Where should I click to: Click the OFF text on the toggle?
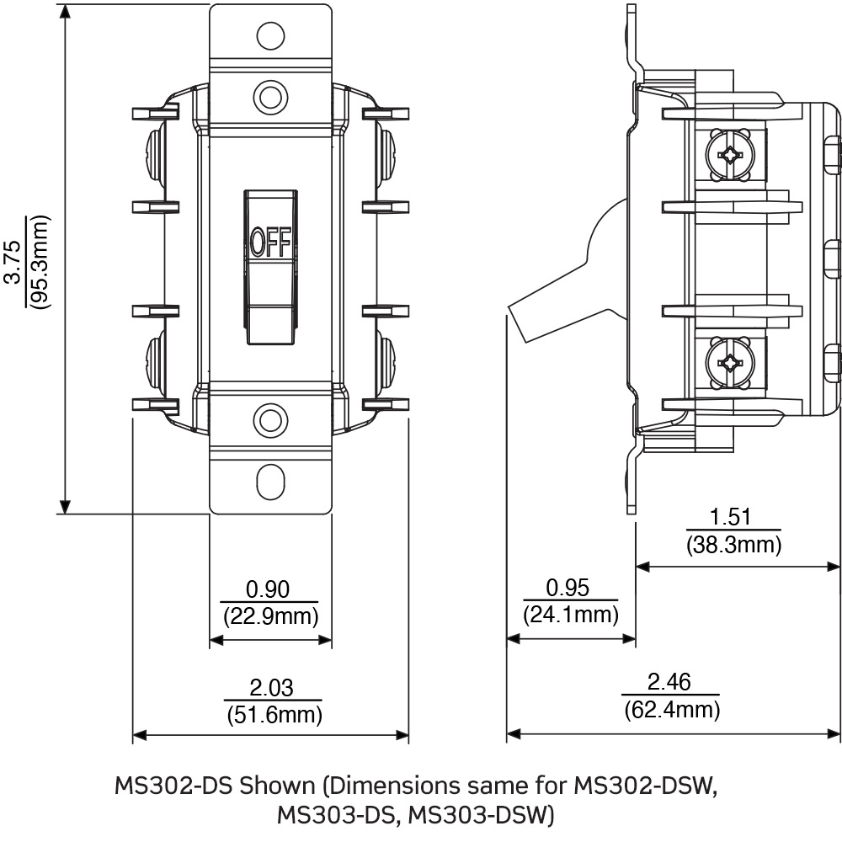(x=270, y=243)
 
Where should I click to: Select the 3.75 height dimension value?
(x=13, y=266)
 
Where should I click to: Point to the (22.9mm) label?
(x=270, y=616)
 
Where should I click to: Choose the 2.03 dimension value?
(x=272, y=688)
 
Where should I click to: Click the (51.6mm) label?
(x=273, y=715)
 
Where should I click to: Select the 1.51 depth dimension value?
(x=732, y=517)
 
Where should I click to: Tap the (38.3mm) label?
(x=733, y=545)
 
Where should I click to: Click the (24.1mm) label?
(x=570, y=615)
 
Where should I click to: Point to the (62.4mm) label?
(x=672, y=710)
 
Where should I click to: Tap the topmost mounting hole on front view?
(x=269, y=35)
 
